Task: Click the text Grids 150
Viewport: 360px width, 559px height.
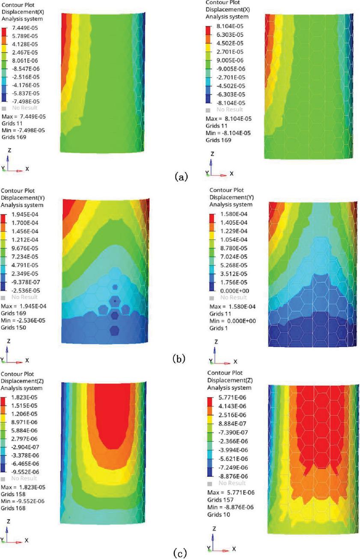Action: (x=14, y=327)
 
